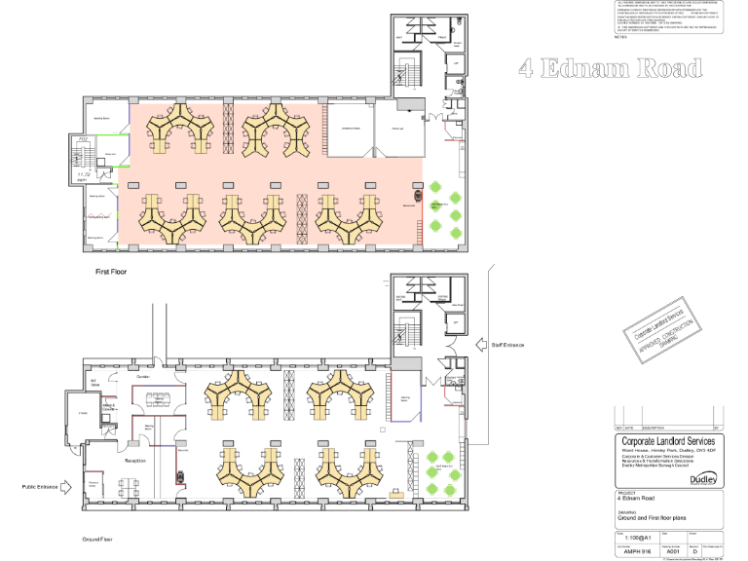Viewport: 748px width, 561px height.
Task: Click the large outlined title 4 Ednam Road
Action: coord(611,68)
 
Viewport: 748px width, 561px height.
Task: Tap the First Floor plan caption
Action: coord(111,273)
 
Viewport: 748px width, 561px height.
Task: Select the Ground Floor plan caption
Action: coord(101,539)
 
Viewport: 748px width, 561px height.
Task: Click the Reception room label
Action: coord(134,461)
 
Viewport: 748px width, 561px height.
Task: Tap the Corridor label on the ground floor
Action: coord(143,375)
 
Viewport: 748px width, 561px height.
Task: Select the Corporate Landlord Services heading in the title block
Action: coord(668,441)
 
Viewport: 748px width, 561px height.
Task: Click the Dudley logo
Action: coord(706,479)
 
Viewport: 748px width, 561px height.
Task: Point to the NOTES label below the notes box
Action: coord(622,38)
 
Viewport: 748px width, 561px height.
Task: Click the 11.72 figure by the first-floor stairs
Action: coord(83,173)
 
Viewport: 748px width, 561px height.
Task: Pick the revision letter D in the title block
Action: coord(694,552)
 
